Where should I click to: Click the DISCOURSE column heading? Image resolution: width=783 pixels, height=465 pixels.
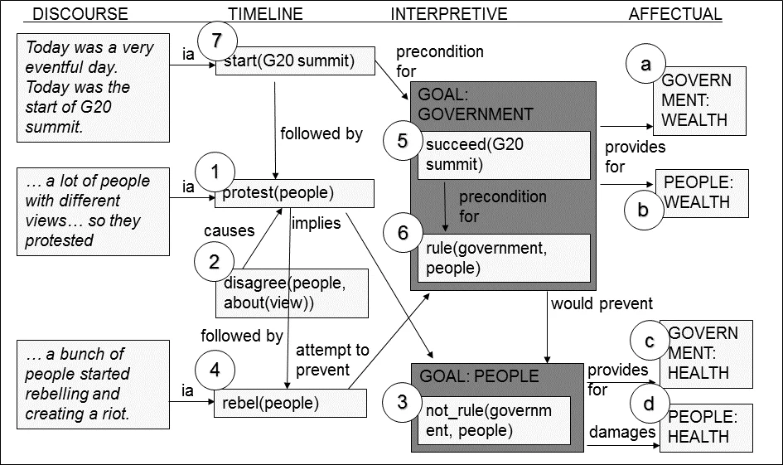point(80,14)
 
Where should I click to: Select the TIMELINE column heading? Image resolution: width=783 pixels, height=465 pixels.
point(265,14)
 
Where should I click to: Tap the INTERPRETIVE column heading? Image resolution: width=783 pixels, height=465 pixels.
point(448,14)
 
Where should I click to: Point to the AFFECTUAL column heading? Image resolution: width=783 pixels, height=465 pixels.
point(675,14)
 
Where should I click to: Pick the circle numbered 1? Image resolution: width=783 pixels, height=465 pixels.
point(217,173)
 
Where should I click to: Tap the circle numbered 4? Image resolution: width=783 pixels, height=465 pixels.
point(215,371)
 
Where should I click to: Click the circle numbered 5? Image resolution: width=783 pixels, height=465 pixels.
point(403,142)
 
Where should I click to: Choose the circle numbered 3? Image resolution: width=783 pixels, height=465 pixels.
point(403,403)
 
